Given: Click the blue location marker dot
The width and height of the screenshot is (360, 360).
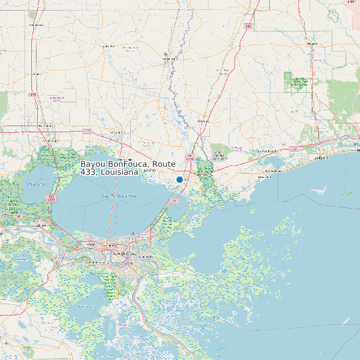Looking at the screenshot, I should tap(179, 179).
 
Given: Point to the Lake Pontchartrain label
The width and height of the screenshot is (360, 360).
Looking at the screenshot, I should tap(120, 197).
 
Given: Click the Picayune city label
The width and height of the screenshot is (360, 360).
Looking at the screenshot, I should tap(203, 122).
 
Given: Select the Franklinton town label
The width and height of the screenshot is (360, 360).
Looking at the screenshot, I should tap(109, 46).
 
